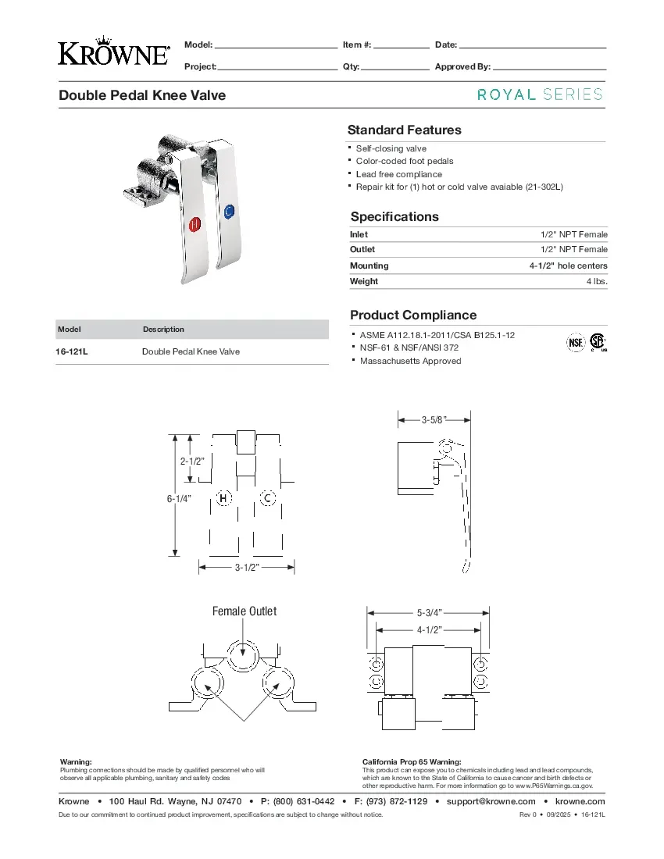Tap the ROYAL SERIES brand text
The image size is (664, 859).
click(540, 94)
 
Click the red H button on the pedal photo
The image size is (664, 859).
click(195, 223)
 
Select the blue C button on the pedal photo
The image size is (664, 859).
click(228, 212)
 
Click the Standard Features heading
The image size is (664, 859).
click(404, 130)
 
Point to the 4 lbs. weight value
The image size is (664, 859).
click(597, 281)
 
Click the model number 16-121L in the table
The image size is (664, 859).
click(72, 352)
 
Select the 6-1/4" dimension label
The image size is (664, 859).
click(179, 498)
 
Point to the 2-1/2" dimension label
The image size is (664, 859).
click(192, 461)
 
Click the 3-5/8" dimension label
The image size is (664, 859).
click(434, 420)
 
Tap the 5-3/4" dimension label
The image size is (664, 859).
click(429, 613)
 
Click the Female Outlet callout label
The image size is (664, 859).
click(245, 611)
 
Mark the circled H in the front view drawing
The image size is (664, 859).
click(224, 498)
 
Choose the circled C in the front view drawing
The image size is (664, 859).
click(267, 498)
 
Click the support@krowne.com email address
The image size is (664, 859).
click(491, 802)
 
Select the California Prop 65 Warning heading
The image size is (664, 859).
click(412, 761)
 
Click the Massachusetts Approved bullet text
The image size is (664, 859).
click(410, 361)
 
